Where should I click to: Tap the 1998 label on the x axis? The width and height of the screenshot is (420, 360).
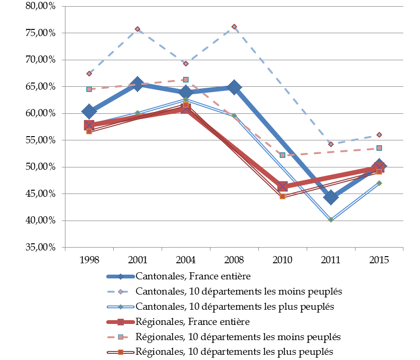(89, 259)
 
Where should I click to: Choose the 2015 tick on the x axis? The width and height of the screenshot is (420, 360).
(379, 259)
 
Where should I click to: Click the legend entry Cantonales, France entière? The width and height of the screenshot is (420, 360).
(193, 276)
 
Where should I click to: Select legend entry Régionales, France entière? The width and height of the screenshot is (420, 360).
(192, 322)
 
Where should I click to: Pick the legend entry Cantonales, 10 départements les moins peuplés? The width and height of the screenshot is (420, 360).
(238, 291)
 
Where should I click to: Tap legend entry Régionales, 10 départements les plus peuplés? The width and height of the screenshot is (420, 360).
(234, 351)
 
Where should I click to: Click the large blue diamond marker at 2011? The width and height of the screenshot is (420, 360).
(331, 197)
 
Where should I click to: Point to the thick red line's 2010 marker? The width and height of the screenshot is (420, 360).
(283, 186)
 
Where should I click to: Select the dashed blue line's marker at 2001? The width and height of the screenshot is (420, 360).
(137, 29)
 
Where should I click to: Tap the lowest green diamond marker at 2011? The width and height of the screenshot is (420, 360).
(331, 220)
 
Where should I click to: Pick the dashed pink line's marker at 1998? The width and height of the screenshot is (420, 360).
(89, 89)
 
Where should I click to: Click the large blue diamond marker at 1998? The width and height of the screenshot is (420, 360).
(89, 111)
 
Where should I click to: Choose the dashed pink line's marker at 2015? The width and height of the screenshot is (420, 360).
(379, 148)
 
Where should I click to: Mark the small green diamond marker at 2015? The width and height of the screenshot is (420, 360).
(379, 183)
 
